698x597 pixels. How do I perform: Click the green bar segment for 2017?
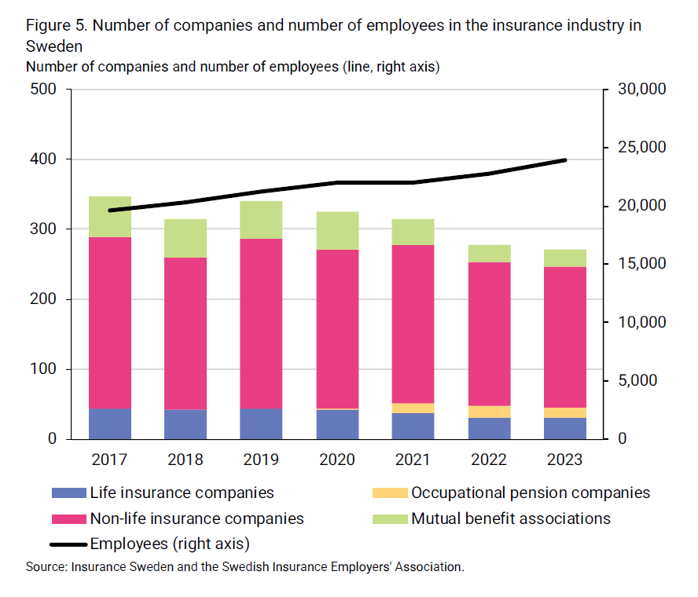click(109, 216)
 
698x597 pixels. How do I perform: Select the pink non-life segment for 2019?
click(261, 323)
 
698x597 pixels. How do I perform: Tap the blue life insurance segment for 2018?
click(186, 423)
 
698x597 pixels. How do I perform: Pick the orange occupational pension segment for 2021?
click(413, 408)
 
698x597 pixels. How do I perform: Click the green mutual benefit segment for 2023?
click(565, 258)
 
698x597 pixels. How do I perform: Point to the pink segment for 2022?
click(489, 333)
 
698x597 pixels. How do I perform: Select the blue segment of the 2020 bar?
click(337, 424)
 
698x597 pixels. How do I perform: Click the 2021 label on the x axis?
click(413, 460)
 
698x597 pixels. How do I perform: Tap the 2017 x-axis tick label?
click(109, 460)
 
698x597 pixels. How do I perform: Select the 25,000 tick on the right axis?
click(641, 148)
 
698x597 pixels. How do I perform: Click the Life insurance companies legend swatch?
click(68, 493)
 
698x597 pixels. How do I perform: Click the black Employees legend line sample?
click(68, 544)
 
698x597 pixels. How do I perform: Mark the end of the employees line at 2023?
click(565, 160)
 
